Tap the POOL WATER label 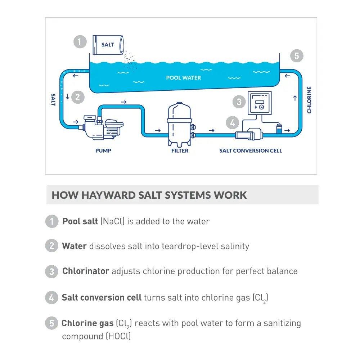tap(184, 77)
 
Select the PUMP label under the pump tap(103, 150)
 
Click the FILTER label tap(180, 150)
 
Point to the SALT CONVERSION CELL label tap(251, 150)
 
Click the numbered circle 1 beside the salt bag tap(80, 41)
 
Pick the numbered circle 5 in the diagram tap(296, 56)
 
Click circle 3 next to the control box tap(239, 102)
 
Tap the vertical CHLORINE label tap(309, 100)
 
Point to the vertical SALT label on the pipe tap(53, 100)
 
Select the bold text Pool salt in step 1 tap(80, 221)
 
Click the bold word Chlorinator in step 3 tap(86, 271)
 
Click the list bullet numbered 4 tap(51, 297)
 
